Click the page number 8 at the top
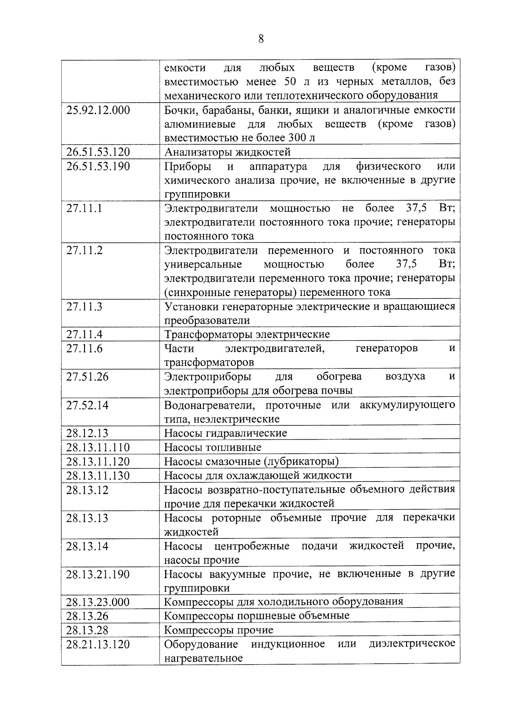click(x=261, y=39)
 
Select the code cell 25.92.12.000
click(x=98, y=110)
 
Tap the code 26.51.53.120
click(x=98, y=152)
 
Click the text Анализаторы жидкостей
click(x=227, y=152)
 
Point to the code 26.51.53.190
click(x=98, y=166)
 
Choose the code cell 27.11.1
click(x=84, y=208)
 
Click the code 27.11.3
click(x=84, y=307)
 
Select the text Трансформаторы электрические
click(x=247, y=334)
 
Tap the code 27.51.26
click(x=87, y=377)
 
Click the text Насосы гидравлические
click(x=226, y=433)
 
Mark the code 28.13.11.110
click(x=98, y=447)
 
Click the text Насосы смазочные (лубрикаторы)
click(x=251, y=461)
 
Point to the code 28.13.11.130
click(x=98, y=475)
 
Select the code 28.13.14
click(x=87, y=546)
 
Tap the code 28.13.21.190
click(x=98, y=574)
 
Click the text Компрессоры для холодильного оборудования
click(x=284, y=602)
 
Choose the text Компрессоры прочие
click(x=219, y=630)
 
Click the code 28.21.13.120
click(x=98, y=644)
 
